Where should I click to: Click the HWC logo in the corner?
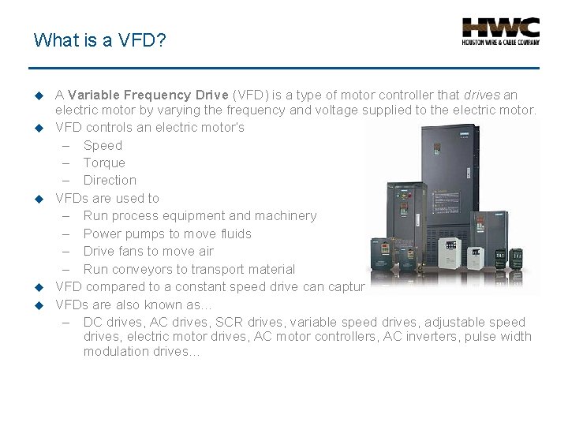point(500,32)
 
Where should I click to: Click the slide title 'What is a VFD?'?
point(99,39)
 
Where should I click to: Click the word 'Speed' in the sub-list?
point(103,145)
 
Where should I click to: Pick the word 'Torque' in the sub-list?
point(104,163)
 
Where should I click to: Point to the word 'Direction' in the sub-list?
point(110,180)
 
